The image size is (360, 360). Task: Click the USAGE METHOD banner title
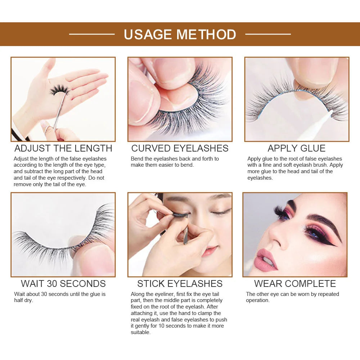(180, 35)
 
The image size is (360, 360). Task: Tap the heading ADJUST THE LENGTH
(63, 148)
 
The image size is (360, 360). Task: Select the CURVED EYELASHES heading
(180, 148)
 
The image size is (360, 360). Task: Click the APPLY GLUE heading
(296, 148)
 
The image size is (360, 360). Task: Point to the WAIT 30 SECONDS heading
(63, 284)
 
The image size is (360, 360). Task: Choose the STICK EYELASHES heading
(180, 284)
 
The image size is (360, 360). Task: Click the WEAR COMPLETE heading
(295, 284)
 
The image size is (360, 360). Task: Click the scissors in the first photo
(58, 115)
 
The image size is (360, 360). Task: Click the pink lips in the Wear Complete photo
(265, 260)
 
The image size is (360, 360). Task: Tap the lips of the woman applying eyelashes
(210, 251)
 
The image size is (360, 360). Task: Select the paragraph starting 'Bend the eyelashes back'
(175, 162)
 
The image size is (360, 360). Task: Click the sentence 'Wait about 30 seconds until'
(60, 297)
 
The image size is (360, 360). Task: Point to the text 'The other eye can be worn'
(292, 297)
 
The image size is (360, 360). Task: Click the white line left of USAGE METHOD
(92, 34)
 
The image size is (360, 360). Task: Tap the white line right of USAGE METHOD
(268, 34)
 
